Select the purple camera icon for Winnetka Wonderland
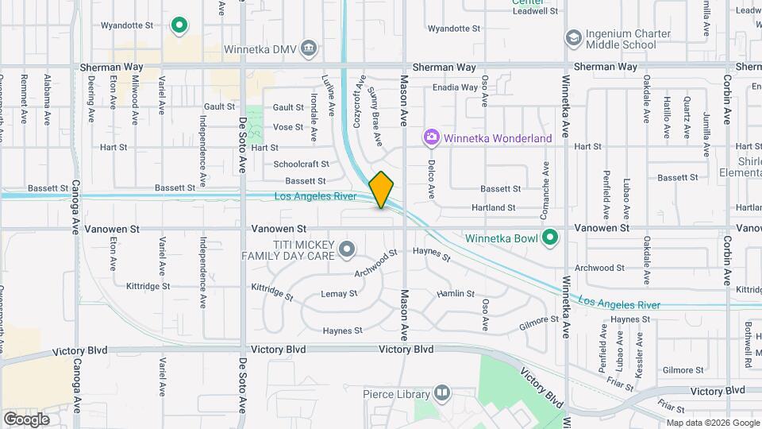(x=431, y=137)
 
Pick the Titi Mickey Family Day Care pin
(x=347, y=250)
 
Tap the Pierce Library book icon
(x=441, y=393)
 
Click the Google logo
(x=26, y=419)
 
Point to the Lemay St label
(x=339, y=294)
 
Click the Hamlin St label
(x=456, y=294)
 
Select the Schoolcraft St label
(x=301, y=164)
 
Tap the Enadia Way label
(x=455, y=87)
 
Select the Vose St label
(x=288, y=127)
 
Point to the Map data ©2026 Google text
(x=711, y=423)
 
